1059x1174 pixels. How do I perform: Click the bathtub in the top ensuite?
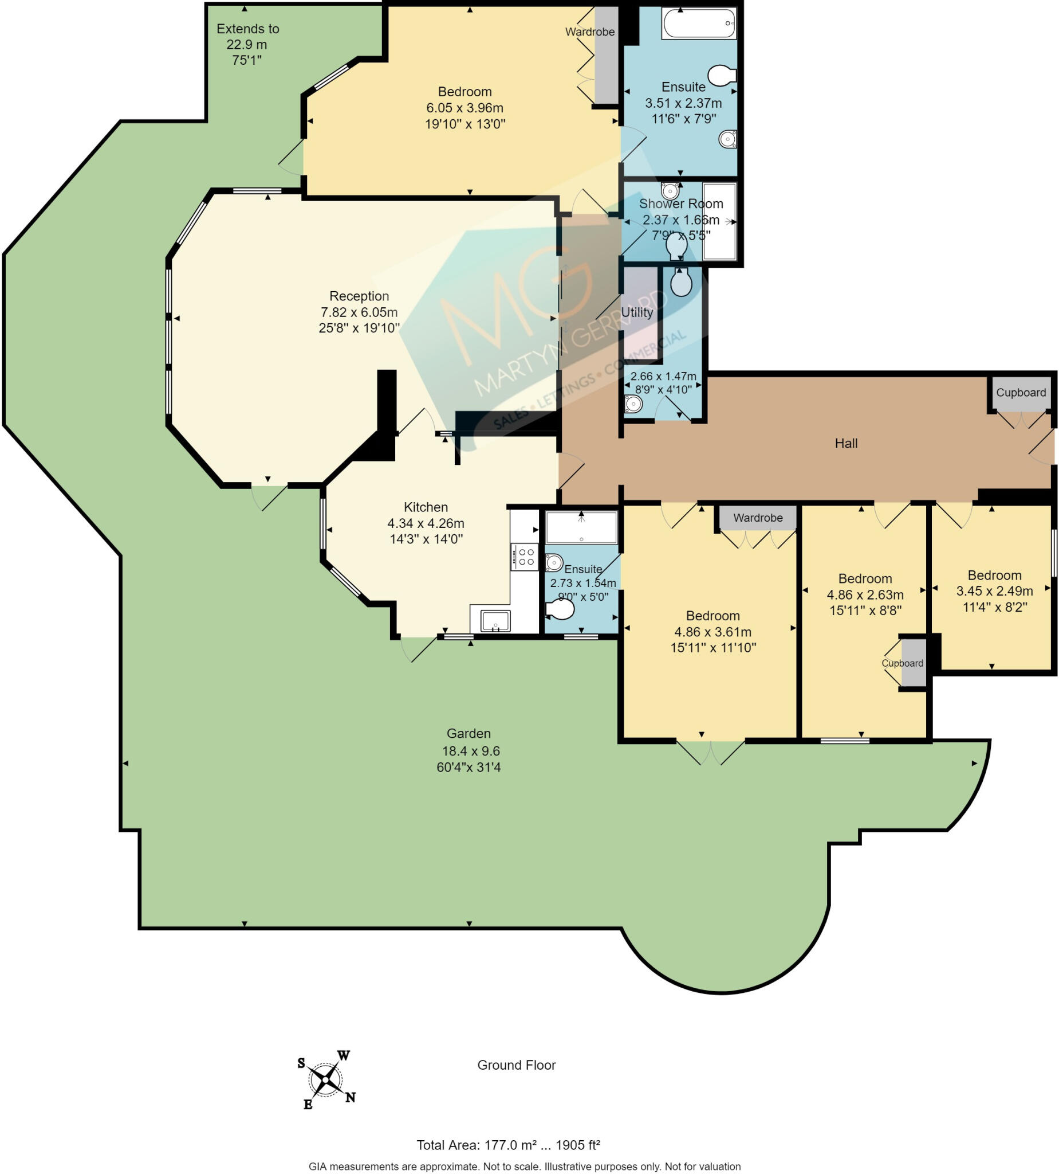(699, 24)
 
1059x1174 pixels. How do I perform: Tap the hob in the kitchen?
(524, 557)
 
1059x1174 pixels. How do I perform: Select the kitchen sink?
(495, 621)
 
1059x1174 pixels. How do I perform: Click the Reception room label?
(359, 296)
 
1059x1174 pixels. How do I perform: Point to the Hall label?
(846, 443)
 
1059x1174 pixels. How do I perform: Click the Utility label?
(637, 312)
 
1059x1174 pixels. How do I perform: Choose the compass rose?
(326, 1080)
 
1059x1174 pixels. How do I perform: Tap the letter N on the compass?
(351, 1098)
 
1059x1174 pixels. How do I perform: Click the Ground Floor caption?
(517, 1065)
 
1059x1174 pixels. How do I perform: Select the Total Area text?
(509, 1145)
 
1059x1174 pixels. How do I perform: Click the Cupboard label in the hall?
(1021, 393)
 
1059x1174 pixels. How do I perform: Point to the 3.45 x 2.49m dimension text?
(995, 590)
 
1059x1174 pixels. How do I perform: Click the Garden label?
(469, 733)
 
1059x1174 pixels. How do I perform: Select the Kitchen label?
(426, 507)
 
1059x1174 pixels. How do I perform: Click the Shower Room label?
(681, 204)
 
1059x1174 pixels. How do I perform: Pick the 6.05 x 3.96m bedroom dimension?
(465, 108)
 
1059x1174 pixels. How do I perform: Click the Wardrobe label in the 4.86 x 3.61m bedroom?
(758, 518)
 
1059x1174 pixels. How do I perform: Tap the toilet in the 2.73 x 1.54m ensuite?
(560, 609)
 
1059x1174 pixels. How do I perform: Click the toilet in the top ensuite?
(722, 75)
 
